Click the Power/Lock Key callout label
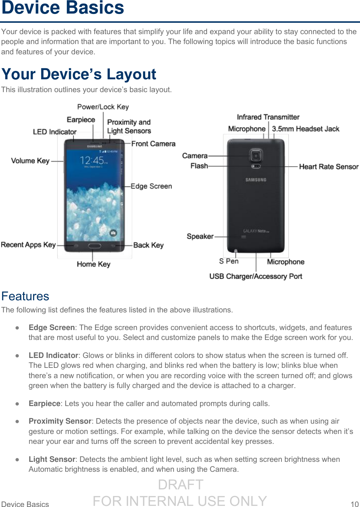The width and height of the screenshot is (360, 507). pyautogui.click(x=103, y=107)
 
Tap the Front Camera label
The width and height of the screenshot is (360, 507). pyautogui.click(x=153, y=144)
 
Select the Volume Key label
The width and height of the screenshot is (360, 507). pyautogui.click(x=30, y=161)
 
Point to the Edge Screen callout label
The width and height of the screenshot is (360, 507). pyautogui.click(x=151, y=186)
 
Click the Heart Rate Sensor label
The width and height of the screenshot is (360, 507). pyautogui.click(x=328, y=167)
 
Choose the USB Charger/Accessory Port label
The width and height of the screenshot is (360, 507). pyautogui.click(x=255, y=276)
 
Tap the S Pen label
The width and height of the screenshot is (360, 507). pyautogui.click(x=229, y=261)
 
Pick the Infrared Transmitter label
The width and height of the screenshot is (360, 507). pyautogui.click(x=268, y=117)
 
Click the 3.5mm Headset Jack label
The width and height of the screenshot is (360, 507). pyautogui.click(x=305, y=129)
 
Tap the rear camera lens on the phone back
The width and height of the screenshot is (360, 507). pyautogui.click(x=256, y=156)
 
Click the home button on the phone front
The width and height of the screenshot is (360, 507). pyautogui.click(x=94, y=246)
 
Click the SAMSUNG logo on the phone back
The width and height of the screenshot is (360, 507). pyautogui.click(x=256, y=180)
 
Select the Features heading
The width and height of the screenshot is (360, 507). pyautogui.click(x=25, y=296)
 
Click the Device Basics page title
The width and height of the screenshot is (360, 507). pyautogui.click(x=63, y=8)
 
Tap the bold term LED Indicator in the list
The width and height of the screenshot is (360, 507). pyautogui.click(x=53, y=355)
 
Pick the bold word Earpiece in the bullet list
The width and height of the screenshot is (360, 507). pyautogui.click(x=44, y=403)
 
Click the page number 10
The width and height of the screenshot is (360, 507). pyautogui.click(x=354, y=504)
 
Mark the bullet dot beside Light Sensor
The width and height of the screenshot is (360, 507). pyautogui.click(x=17, y=459)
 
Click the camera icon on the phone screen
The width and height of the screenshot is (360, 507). pyautogui.click(x=113, y=233)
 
